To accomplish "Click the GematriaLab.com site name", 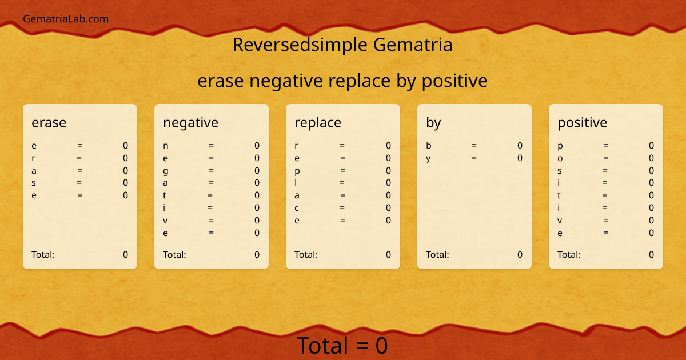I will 66,19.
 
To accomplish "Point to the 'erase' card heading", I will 49,122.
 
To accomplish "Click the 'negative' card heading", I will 190,122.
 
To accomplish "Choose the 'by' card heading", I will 433,122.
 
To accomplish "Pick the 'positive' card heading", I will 582,122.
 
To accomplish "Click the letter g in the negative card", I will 166,171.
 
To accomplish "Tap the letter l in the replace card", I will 296,183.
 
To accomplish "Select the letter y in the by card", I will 428,158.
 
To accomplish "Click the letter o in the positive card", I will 560,158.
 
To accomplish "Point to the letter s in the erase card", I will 34,183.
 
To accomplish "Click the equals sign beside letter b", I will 474,146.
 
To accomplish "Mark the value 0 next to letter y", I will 520,158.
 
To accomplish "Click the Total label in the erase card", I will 43,255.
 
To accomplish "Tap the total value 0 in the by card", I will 520,255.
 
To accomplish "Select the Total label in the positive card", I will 569,255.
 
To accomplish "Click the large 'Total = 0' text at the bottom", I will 342,346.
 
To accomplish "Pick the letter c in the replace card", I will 297,208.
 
